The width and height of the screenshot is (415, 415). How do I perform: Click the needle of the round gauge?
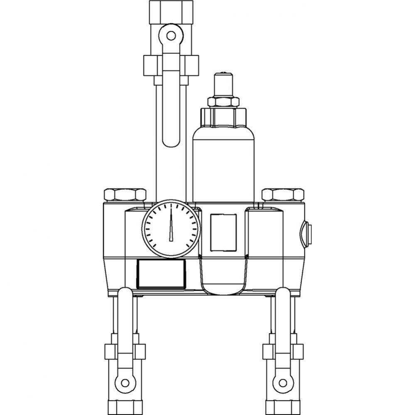(x=171, y=226)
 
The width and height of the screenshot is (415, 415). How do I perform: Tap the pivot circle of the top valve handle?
(x=171, y=35)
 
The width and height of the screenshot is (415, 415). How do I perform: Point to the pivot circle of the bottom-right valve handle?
(x=282, y=382)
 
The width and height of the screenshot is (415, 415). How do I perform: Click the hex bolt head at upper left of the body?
(x=125, y=195)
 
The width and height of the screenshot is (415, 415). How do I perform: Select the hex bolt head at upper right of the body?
(x=282, y=195)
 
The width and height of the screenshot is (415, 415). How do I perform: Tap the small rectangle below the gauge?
(x=161, y=273)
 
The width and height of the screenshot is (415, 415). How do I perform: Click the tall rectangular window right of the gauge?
(x=223, y=232)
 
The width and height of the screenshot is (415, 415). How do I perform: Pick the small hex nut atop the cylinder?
(x=223, y=102)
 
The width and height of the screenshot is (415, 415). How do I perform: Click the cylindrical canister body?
(x=223, y=162)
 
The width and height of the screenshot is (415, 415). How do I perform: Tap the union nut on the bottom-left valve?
(x=125, y=352)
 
